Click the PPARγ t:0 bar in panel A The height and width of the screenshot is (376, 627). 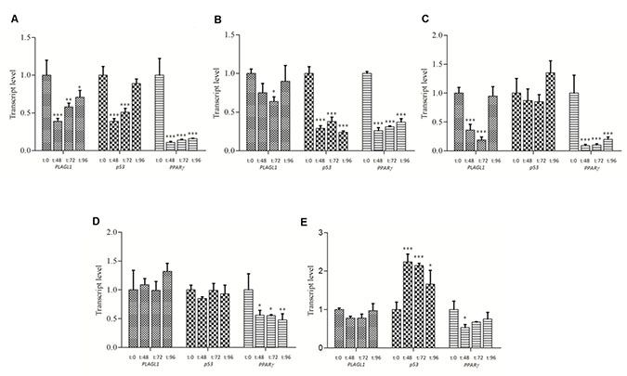point(160,111)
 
